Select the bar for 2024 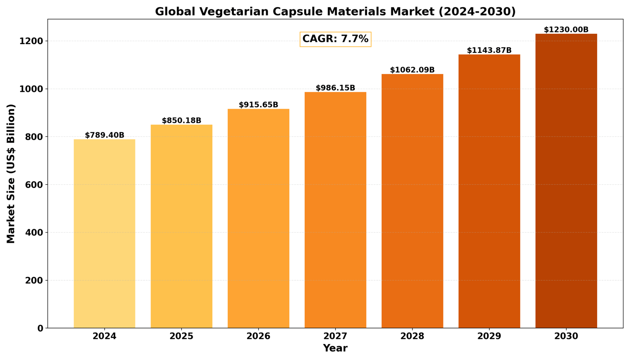(x=105, y=233)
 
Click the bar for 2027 (x=335, y=210)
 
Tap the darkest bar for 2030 (x=566, y=181)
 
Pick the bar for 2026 (x=258, y=218)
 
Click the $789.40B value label (x=105, y=135)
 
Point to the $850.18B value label (x=181, y=120)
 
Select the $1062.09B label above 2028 (x=412, y=70)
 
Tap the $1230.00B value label (x=566, y=30)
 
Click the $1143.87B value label (x=489, y=50)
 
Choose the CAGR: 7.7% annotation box (x=335, y=39)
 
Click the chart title (x=335, y=12)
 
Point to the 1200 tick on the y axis (x=31, y=41)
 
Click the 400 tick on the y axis (x=34, y=233)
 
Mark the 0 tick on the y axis (x=40, y=329)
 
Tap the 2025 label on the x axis (x=181, y=336)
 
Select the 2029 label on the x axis (x=489, y=336)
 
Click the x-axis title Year (x=335, y=348)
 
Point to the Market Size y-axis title (x=11, y=174)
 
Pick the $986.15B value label (x=335, y=88)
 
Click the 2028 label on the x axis (x=412, y=336)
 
